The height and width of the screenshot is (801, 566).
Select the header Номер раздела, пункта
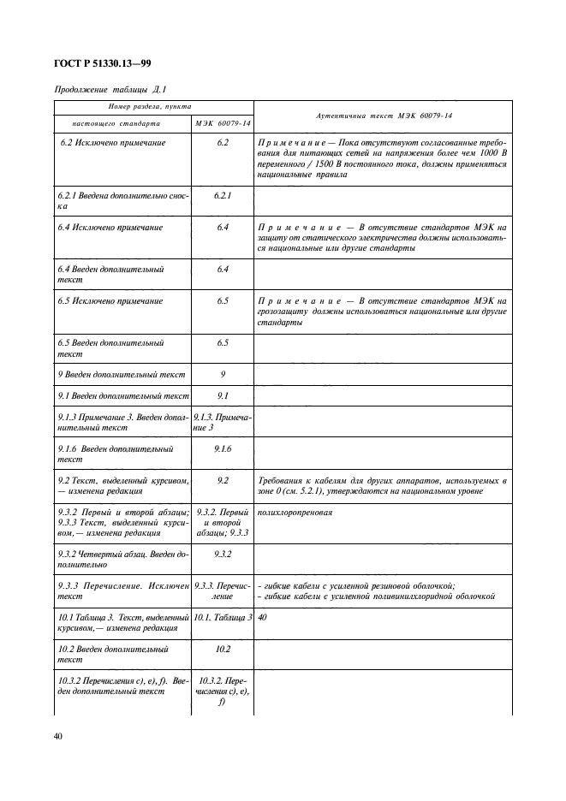coord(154,107)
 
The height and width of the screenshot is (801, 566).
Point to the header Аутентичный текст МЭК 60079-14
coord(384,116)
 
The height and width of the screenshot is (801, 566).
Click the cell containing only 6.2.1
coord(223,195)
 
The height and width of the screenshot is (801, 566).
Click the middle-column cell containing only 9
coord(223,374)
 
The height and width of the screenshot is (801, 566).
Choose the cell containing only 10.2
coord(223,649)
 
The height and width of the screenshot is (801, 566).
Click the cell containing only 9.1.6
coord(223,448)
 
